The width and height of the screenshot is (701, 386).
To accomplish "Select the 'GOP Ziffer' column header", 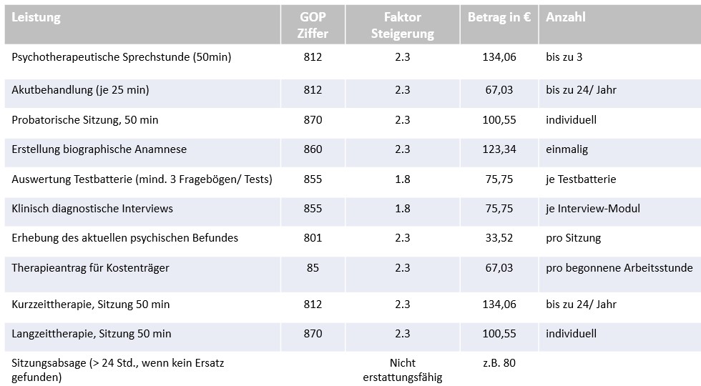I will click(x=313, y=25).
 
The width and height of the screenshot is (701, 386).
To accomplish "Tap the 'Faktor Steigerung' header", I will click(x=402, y=25).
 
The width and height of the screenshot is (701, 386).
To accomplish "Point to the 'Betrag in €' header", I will click(x=499, y=18).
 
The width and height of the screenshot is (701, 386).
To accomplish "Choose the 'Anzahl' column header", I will click(x=565, y=18).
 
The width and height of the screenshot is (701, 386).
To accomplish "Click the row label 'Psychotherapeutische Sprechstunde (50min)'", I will click(x=122, y=57).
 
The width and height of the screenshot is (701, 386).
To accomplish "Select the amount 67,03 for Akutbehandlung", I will click(x=499, y=90).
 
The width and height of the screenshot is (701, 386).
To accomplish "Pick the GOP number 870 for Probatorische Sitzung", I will click(x=313, y=120).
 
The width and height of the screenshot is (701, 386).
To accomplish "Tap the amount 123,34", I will click(x=499, y=149).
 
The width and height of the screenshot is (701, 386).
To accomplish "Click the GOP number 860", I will click(x=313, y=149).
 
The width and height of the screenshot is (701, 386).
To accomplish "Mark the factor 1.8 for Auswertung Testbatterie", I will click(x=402, y=179).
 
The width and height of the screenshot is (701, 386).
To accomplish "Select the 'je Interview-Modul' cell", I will click(x=593, y=209).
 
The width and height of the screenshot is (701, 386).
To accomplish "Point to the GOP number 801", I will click(x=313, y=238).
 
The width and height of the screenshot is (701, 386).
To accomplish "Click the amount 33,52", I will click(x=499, y=238).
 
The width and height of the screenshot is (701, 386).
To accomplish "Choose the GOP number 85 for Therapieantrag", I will click(x=313, y=268).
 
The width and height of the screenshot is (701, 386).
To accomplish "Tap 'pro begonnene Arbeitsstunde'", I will click(x=619, y=268).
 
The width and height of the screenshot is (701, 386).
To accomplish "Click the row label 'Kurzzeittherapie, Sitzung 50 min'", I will click(x=91, y=305).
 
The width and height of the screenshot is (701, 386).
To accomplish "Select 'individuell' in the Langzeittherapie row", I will click(x=571, y=334).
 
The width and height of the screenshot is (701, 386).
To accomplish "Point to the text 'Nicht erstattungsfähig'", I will click(x=402, y=370).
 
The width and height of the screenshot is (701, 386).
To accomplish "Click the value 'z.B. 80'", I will click(x=499, y=363).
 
